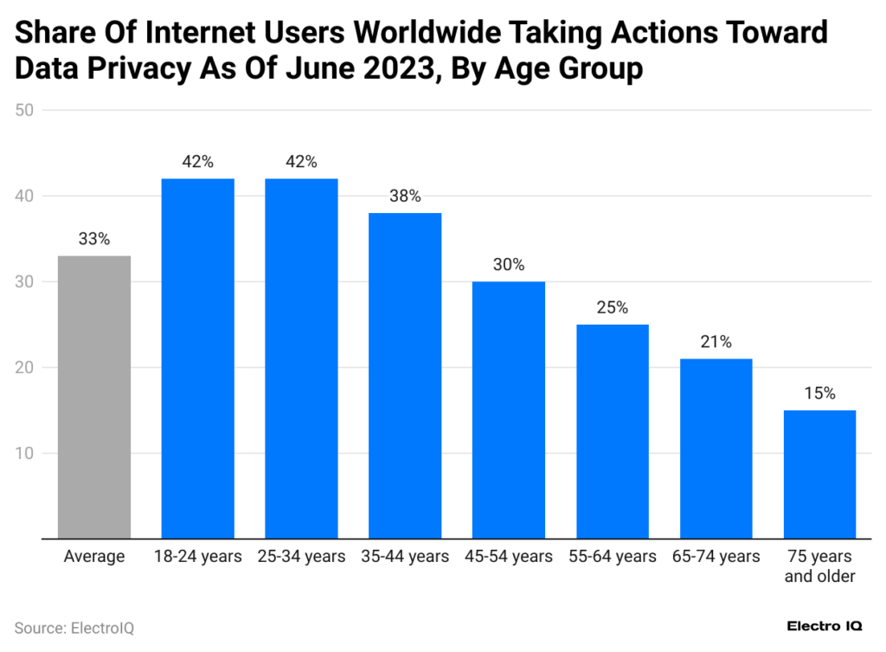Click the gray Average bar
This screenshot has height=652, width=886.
(94, 397)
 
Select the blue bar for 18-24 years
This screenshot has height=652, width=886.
(197, 358)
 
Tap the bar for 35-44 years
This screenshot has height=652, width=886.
(405, 375)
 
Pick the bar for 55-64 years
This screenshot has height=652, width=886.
(612, 431)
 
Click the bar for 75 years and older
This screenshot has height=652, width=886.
(819, 474)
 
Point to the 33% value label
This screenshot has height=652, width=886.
(94, 240)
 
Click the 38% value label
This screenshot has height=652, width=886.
(405, 197)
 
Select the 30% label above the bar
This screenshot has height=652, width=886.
(509, 265)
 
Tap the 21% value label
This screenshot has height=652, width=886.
(716, 342)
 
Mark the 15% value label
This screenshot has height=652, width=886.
(819, 394)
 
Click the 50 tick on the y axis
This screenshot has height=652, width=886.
(23, 110)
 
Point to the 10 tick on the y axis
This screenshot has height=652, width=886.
(23, 453)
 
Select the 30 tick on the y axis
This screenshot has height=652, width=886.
(23, 281)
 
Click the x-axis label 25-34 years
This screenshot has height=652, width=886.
(301, 556)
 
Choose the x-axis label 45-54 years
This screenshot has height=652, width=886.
(509, 556)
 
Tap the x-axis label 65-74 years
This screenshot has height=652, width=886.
(716, 556)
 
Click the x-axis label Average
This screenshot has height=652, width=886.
(94, 556)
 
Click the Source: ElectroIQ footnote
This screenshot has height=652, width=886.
(74, 628)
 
